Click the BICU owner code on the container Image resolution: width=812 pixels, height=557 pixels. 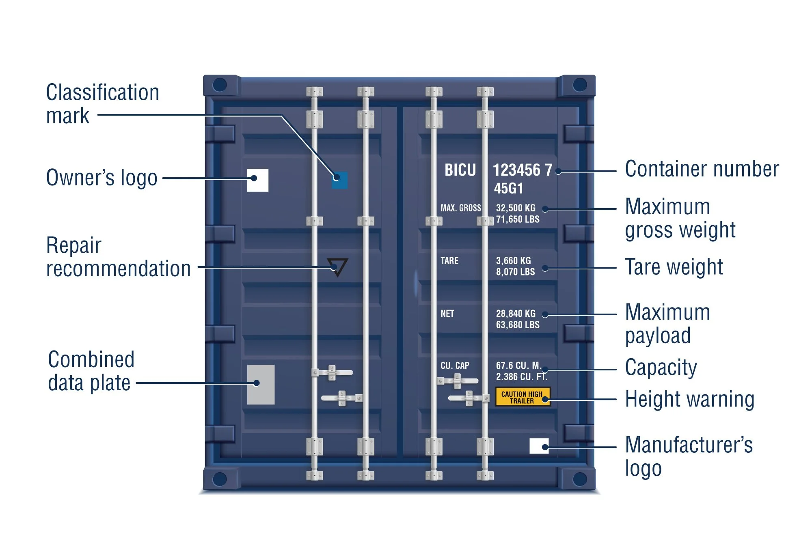pyautogui.click(x=460, y=170)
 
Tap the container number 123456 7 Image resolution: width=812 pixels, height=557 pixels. pyautogui.click(x=522, y=170)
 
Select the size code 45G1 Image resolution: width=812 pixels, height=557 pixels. pyautogui.click(x=508, y=189)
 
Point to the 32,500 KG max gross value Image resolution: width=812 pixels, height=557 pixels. pyautogui.click(x=516, y=208)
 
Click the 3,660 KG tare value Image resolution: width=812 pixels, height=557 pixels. pyautogui.click(x=513, y=261)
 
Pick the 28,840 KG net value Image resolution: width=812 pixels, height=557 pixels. pyautogui.click(x=516, y=314)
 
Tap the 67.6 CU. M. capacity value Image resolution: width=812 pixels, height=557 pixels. pyautogui.click(x=518, y=366)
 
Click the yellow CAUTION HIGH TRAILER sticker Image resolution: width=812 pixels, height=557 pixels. pyautogui.click(x=522, y=397)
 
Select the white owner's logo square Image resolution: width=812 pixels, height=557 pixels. pyautogui.click(x=258, y=180)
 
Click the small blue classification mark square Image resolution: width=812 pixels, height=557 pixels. pyautogui.click(x=340, y=180)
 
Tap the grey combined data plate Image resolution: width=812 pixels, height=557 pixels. pyautogui.click(x=261, y=385)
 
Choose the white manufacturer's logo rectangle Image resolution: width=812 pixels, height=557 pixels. pyautogui.click(x=539, y=446)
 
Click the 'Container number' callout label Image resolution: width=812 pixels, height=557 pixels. pyautogui.click(x=702, y=169)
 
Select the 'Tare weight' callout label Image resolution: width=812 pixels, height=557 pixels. pyautogui.click(x=674, y=267)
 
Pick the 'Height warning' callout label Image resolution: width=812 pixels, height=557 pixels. pyautogui.click(x=689, y=399)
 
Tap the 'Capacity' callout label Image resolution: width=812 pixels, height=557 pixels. pyautogui.click(x=661, y=368)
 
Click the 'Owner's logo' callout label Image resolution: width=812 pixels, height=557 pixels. pyautogui.click(x=101, y=178)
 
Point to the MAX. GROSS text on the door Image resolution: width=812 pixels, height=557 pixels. pyautogui.click(x=460, y=208)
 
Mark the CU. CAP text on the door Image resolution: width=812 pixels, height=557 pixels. pyautogui.click(x=455, y=366)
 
